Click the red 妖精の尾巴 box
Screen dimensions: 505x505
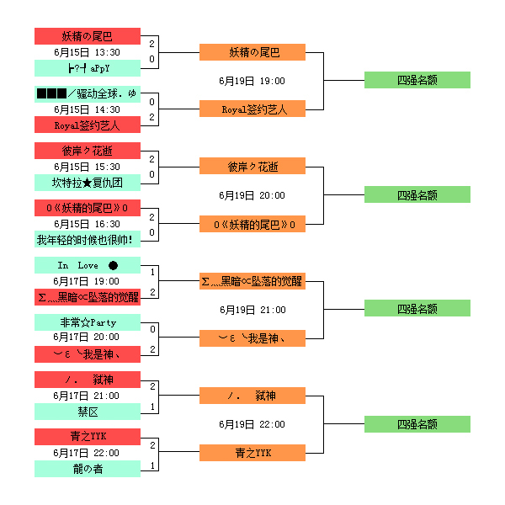pyautogui.click(x=88, y=36)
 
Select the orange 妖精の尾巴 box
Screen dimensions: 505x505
pyautogui.click(x=252, y=52)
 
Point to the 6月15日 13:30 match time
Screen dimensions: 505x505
pyautogui.click(x=87, y=52)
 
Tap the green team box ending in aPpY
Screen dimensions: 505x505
pyautogui.click(x=88, y=68)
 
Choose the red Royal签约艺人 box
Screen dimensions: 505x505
pyautogui.click(x=88, y=125)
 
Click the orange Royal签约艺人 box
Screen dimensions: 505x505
pyautogui.click(x=252, y=109)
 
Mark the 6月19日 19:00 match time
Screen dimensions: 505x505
pyautogui.click(x=252, y=81)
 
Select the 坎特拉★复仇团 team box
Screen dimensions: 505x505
pyautogui.click(x=88, y=183)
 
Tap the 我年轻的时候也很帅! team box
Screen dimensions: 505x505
pyautogui.click(x=88, y=240)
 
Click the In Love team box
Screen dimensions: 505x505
pyautogui.click(x=88, y=265)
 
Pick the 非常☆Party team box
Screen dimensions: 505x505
pyautogui.click(x=88, y=322)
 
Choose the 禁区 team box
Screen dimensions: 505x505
pyautogui.click(x=88, y=412)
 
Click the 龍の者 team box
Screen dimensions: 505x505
pyautogui.click(x=88, y=469)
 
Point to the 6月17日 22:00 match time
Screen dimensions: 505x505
pyautogui.click(x=87, y=453)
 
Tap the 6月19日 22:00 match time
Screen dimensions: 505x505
pyautogui.click(x=252, y=424)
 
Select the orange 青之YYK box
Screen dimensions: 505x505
pyautogui.click(x=252, y=453)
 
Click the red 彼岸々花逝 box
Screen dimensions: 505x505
pyautogui.click(x=88, y=151)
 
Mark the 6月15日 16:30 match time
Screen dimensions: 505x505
pyautogui.click(x=87, y=224)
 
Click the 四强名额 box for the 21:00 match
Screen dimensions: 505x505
pyautogui.click(x=417, y=309)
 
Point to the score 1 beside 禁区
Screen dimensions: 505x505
pyautogui.click(x=152, y=408)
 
